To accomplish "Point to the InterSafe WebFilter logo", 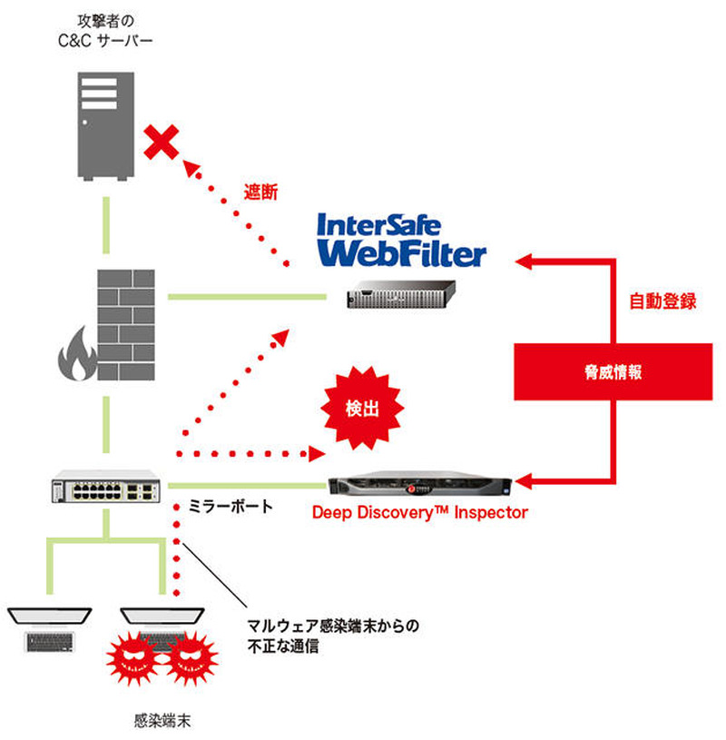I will pyautogui.click(x=399, y=240).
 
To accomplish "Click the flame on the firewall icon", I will pyautogui.click(x=75, y=360).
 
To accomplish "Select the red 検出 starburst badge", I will pyautogui.click(x=363, y=408).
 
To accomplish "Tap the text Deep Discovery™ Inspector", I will pyautogui.click(x=419, y=513).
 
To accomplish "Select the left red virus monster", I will pyautogui.click(x=134, y=660).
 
